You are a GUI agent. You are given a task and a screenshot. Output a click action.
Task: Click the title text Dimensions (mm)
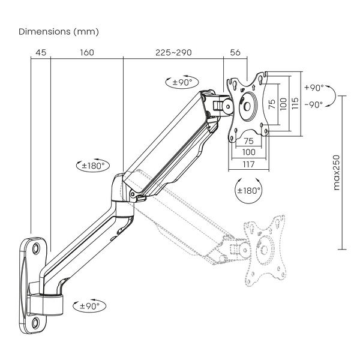point(59,31)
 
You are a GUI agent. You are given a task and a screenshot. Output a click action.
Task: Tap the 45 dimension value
point(41,53)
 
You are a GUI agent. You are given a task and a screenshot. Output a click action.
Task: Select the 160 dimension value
point(86,53)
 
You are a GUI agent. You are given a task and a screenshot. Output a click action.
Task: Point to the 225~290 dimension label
point(173,53)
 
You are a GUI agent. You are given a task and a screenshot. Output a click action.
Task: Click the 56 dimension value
point(235,53)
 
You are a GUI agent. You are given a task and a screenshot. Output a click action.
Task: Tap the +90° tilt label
point(313,88)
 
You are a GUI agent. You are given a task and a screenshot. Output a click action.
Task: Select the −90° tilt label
point(313,104)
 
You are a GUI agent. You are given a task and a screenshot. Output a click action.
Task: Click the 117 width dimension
point(248,164)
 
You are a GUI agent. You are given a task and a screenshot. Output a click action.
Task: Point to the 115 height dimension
point(295,103)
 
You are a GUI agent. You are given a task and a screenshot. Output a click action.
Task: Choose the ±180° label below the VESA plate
point(250,191)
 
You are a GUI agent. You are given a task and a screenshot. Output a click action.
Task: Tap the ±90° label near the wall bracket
point(89,306)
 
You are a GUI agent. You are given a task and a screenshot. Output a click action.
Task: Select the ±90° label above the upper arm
point(182,83)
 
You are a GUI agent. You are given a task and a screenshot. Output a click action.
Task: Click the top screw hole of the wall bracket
point(36,247)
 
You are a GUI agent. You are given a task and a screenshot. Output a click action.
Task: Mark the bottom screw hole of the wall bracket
point(37,323)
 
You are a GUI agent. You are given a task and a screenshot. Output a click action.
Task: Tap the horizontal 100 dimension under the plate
point(248,152)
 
